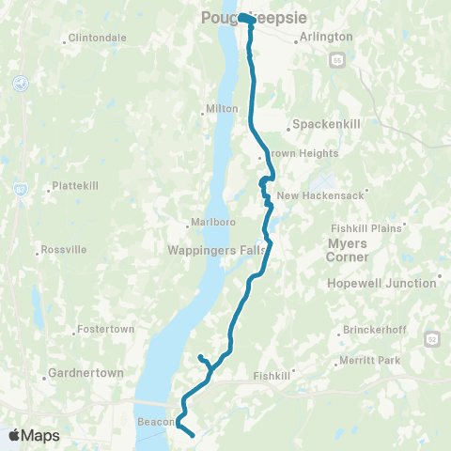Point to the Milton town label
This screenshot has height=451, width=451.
pos(222,109)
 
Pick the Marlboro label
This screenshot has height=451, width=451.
pos(210,223)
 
